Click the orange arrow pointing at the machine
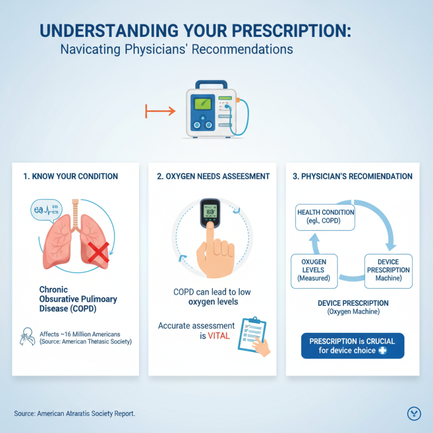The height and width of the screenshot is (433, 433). (x=160, y=111)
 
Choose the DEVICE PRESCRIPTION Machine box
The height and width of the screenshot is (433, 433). (x=388, y=270)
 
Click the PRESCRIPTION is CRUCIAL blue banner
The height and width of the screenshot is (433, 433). (x=352, y=346)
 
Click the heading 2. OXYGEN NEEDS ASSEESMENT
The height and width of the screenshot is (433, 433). (x=212, y=176)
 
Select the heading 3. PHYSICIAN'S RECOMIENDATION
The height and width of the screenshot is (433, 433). (x=352, y=176)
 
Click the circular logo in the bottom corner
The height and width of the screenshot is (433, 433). (x=414, y=414)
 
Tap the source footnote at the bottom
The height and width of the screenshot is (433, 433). (x=75, y=414)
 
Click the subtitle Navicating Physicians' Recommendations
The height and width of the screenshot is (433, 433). (x=176, y=49)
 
